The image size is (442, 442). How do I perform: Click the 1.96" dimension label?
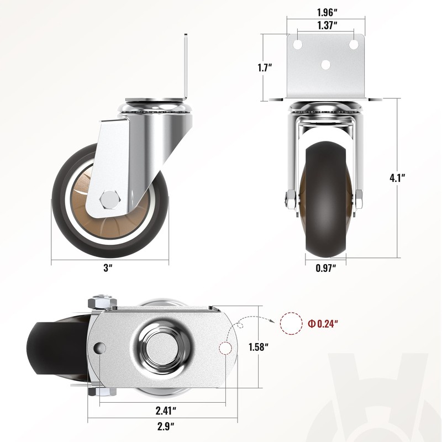click(327, 12)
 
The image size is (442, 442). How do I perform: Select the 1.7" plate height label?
click(265, 68)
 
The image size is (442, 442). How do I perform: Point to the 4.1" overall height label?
click(397, 178)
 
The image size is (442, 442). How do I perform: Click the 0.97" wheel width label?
click(326, 268)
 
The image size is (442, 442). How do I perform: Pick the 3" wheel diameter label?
click(108, 267)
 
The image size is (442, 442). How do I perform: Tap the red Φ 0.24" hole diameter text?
click(323, 324)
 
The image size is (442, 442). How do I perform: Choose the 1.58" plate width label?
click(258, 347)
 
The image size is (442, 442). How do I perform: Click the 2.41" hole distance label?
click(166, 411)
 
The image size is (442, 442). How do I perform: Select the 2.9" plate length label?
click(166, 427)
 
